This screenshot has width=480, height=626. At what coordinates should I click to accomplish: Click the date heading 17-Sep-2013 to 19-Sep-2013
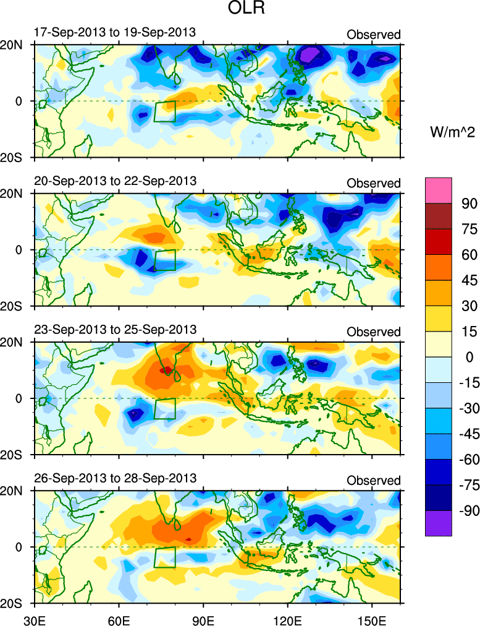(114, 32)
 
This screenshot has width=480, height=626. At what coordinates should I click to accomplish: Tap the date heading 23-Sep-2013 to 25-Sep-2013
(114, 330)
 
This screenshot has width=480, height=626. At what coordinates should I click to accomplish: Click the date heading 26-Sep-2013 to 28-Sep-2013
(114, 478)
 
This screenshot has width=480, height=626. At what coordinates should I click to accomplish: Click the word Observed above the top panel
(373, 35)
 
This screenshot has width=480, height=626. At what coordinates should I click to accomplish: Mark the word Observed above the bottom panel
(373, 481)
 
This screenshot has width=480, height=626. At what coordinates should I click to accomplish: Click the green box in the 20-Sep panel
(164, 260)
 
